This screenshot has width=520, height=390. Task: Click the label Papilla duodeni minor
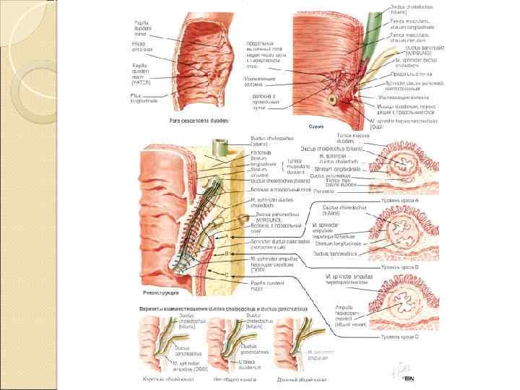(142, 28)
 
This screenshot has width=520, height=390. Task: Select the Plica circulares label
(140, 48)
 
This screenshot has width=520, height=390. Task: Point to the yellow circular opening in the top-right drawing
(335, 99)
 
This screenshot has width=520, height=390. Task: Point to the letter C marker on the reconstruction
(228, 274)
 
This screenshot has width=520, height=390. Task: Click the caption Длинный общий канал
(298, 378)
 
